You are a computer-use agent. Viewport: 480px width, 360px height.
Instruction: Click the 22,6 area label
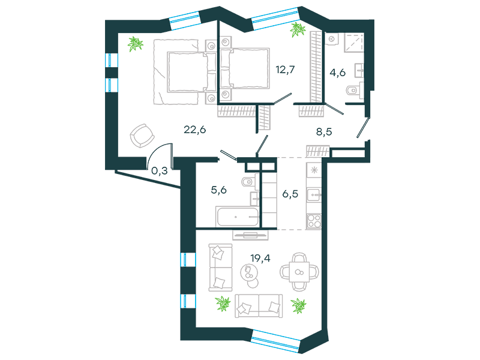coord(194,130)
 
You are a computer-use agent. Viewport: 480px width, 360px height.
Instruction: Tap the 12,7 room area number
coord(286,70)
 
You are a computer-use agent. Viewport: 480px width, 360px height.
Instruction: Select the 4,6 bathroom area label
coord(338,73)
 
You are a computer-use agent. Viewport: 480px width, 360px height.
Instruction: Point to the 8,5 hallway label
coord(324,132)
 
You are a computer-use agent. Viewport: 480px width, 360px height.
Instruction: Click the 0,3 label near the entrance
coord(160,170)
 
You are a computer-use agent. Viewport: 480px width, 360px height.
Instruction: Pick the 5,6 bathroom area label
coord(219,190)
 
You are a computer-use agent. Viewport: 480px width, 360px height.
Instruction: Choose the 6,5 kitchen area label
coord(290,194)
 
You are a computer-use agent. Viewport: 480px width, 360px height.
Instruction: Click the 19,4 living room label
coord(260,259)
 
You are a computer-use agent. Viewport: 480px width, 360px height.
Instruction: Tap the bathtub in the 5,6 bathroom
coord(237,217)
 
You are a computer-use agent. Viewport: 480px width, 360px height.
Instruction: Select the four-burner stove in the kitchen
coord(314,221)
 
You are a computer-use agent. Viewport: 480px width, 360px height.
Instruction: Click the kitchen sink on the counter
coord(314,194)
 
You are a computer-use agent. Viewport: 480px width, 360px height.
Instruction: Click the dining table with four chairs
coord(299,272)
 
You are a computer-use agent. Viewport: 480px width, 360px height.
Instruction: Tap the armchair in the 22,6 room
coord(142,136)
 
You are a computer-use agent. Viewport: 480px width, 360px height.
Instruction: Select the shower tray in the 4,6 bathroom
coord(354,42)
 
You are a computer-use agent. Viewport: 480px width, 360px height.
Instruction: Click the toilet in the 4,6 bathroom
coord(354,91)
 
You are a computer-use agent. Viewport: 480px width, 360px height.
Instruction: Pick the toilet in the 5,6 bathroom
coord(250,182)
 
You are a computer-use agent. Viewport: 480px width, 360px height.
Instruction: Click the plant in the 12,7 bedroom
coord(298,29)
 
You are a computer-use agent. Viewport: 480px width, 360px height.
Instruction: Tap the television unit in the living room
coord(250,235)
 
